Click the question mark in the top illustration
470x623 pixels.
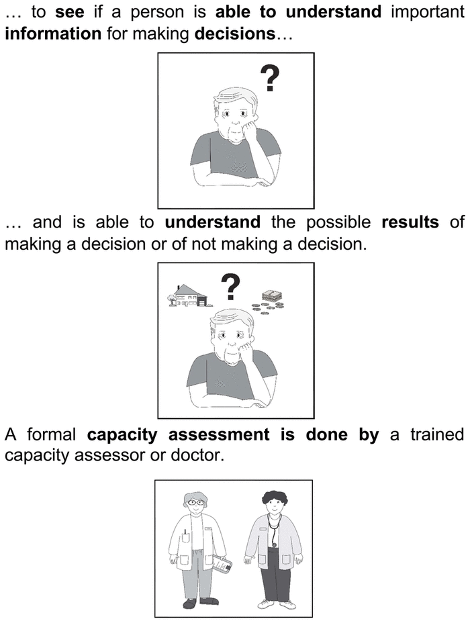[x=270, y=79]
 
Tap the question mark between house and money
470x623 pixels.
[x=230, y=287]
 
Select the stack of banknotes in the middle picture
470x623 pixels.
[x=273, y=295]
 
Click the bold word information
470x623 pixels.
[x=53, y=34]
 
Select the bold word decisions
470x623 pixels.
[x=235, y=34]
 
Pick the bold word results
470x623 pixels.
[x=410, y=222]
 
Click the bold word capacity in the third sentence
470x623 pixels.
[x=122, y=434]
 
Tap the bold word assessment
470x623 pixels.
[x=219, y=434]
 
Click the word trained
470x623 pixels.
[x=437, y=434]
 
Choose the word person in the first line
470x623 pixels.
[x=157, y=13]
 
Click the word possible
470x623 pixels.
[x=338, y=222]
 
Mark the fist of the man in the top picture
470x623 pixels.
[x=250, y=130]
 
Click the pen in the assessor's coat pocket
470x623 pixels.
[x=185, y=532]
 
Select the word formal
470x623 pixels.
[x=51, y=434]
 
